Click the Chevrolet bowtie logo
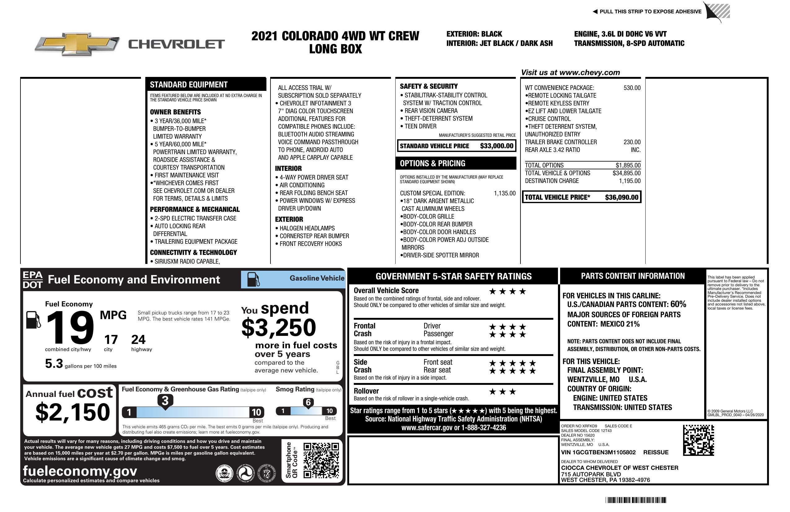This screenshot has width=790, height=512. pos(77,44)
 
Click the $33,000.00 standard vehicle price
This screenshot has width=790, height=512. pos(496,146)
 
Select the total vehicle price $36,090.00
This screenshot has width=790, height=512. pos(621,197)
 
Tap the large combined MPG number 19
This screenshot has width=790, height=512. pos(70,328)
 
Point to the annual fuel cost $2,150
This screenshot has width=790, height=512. pos(72,412)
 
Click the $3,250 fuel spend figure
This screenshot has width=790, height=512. pos(279,327)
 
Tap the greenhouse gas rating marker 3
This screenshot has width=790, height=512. pos(165,401)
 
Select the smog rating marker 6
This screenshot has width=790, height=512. pos(308,402)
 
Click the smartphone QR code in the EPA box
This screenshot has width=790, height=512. pos(321,460)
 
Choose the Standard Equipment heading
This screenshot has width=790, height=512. pos(189,85)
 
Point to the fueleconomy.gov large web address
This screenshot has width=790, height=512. pos(80,471)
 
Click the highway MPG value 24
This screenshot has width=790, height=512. pos(138,340)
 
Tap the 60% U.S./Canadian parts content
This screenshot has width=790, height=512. pos(678,304)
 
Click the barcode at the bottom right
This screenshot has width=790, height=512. pos(635,500)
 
